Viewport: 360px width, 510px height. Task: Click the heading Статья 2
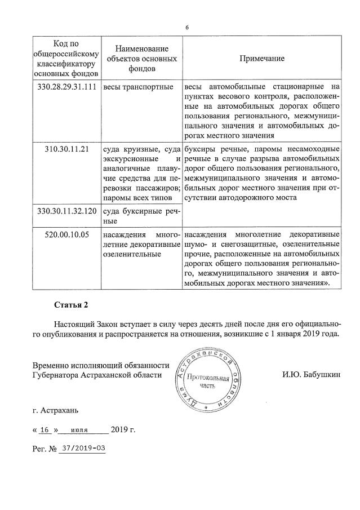pyautogui.click(x=71, y=305)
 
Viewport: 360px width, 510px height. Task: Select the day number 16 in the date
pyautogui.click(x=46, y=430)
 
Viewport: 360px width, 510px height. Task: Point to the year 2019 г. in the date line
pyautogui.click(x=123, y=430)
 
